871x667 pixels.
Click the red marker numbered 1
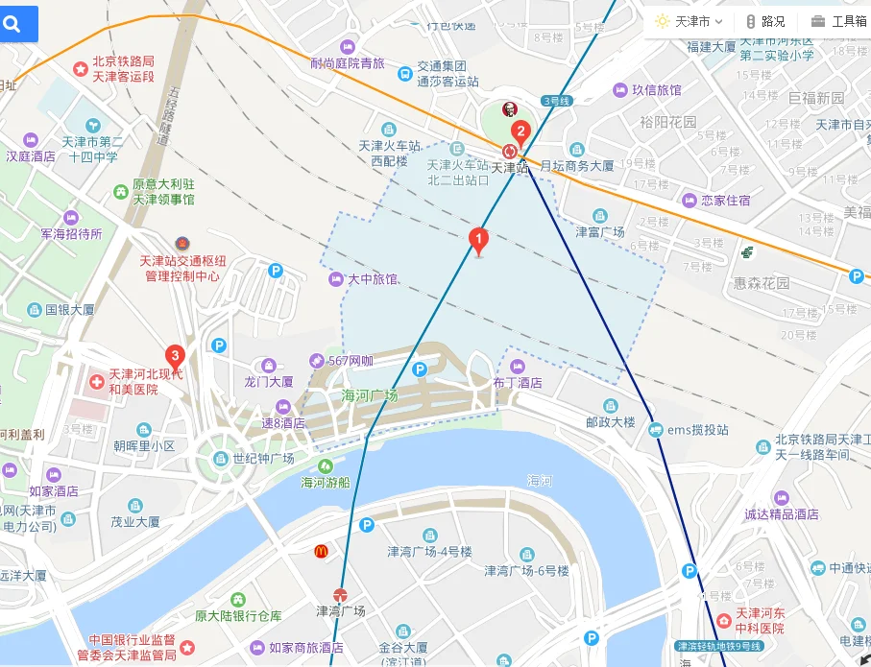point(477,239)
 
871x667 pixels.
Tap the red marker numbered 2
point(520,131)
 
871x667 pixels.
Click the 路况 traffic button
point(765,21)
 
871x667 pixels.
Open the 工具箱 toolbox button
point(838,21)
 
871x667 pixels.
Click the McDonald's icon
point(322,551)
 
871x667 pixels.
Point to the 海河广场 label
point(370,395)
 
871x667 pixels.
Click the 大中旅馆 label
point(373,279)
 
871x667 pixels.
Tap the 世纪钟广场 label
point(262,459)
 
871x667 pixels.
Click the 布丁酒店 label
point(518,382)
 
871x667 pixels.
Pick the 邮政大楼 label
point(611,421)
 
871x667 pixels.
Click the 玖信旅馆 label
point(656,90)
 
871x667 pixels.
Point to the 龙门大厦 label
point(268,381)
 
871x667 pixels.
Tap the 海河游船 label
point(327,482)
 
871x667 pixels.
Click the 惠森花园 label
point(761,283)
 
